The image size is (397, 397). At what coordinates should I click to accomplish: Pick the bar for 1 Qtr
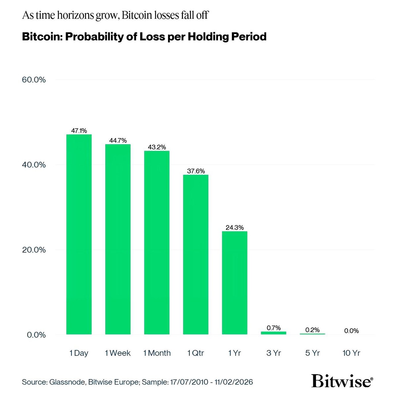coord(196,254)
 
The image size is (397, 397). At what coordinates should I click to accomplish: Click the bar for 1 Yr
coord(235,283)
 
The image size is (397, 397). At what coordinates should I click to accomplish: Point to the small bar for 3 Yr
coord(273,333)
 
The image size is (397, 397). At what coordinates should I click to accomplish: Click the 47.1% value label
coord(79,131)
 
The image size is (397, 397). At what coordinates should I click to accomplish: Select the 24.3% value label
coord(235,227)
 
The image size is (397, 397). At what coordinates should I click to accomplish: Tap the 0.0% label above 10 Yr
coord(351,331)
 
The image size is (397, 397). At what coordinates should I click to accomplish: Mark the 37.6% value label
coord(196,171)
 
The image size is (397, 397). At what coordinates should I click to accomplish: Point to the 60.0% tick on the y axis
coord(34,80)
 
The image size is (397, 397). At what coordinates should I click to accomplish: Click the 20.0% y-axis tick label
coord(34,250)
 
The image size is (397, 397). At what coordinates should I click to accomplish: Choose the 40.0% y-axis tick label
coord(34,165)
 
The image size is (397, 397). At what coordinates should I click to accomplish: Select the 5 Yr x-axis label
coord(312,353)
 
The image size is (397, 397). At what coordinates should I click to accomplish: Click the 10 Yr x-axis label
coord(351,353)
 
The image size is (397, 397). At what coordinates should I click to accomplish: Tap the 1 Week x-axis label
coord(118,353)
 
